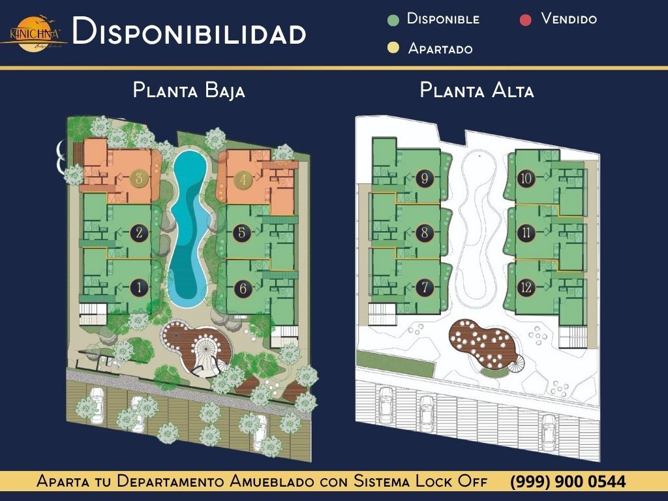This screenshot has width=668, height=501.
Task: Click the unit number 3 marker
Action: pyautogui.click(x=138, y=179)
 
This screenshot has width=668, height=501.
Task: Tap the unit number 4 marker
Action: pyautogui.click(x=242, y=179)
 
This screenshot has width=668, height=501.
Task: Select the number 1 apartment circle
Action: pyautogui.click(x=138, y=287)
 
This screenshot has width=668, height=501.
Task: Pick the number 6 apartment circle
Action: pyautogui.click(x=242, y=287)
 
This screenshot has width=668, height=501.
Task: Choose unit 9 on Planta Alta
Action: pyautogui.click(x=425, y=178)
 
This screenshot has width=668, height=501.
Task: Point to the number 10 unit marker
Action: pyautogui.click(x=527, y=178)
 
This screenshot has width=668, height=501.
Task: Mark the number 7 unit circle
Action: pyautogui.click(x=425, y=287)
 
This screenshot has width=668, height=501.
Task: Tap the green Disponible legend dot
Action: pyautogui.click(x=393, y=20)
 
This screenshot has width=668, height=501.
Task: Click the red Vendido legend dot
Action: pyautogui.click(x=526, y=20)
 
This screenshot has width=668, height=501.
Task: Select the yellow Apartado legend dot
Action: pyautogui.click(x=393, y=48)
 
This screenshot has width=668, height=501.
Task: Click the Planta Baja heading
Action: pyautogui.click(x=189, y=90)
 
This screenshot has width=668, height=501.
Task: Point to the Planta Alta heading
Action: pyautogui.click(x=477, y=90)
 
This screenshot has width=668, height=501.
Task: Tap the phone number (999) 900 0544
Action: pyautogui.click(x=568, y=482)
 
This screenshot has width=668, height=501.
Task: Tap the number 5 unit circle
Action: pyautogui.click(x=242, y=232)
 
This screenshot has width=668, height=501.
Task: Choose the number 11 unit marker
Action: pyautogui.click(x=527, y=232)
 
